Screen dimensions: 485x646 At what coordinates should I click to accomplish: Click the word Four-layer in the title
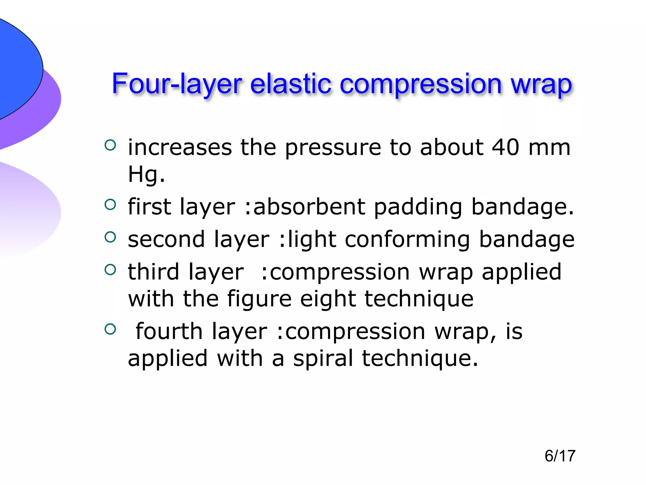click(x=177, y=84)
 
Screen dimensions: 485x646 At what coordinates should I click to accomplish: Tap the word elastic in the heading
click(x=291, y=84)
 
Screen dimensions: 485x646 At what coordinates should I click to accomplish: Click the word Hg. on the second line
click(x=146, y=174)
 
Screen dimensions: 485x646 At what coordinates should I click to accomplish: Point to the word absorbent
click(x=309, y=207)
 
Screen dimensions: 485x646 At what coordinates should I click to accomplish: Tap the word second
click(x=166, y=239)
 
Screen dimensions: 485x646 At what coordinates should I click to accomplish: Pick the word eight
click(x=328, y=299)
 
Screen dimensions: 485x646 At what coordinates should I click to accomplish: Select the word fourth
click(x=169, y=332)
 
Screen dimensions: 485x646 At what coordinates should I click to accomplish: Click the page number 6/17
click(x=560, y=456)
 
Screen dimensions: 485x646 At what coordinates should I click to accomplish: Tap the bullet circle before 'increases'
click(x=110, y=145)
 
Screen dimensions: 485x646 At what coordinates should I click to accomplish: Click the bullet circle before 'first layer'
click(x=110, y=205)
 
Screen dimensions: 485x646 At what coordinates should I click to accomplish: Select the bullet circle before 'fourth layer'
click(x=110, y=329)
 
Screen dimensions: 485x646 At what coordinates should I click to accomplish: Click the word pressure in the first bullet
click(x=333, y=148)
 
